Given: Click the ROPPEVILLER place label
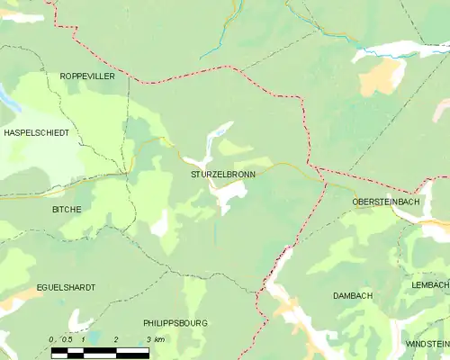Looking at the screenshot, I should [x=87, y=77].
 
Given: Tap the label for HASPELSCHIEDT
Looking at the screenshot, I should [x=36, y=132].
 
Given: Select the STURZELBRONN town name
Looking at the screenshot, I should [x=221, y=173].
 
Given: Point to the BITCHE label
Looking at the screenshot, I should [x=66, y=209].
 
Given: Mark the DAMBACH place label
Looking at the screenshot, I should [x=352, y=295].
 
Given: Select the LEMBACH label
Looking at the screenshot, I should [x=430, y=284].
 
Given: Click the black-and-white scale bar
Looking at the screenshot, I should [x=99, y=353].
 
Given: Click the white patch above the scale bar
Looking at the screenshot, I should [x=74, y=320].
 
